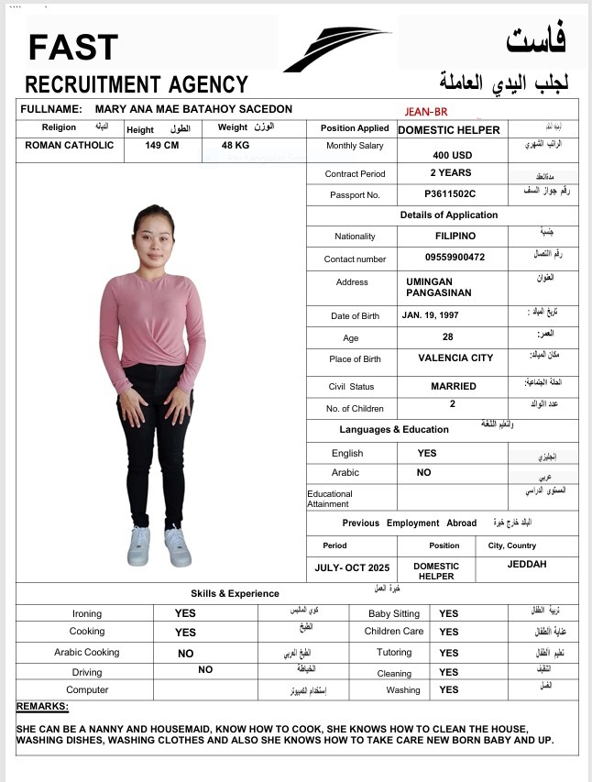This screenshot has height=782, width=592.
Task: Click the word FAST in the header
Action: coord(73,47)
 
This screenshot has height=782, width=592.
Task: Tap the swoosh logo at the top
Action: coord(336,49)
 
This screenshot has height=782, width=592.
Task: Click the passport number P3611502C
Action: coord(450,194)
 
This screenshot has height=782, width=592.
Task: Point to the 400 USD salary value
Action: coord(453,155)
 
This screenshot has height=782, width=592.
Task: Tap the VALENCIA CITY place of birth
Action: coord(455,358)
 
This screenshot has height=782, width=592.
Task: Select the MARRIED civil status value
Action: coord(454,386)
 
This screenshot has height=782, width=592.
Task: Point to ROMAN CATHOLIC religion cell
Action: coord(70,145)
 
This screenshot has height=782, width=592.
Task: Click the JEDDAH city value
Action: coord(527,564)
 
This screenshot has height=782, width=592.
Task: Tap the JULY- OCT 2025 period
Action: coord(352,567)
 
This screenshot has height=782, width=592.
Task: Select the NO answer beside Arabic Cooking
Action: coord(186,654)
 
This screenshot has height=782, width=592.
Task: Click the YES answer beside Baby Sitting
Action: coord(448,613)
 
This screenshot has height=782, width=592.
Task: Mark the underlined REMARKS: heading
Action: coord(42,707)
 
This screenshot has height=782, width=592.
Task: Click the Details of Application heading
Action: coord(449,215)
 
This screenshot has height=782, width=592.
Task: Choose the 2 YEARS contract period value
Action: coord(451,172)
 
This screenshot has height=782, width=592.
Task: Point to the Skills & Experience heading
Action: coord(235,593)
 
